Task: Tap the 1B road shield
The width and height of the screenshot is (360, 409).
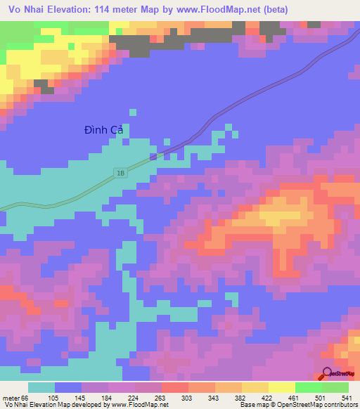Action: click(122, 172)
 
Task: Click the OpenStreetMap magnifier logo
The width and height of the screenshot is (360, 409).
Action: click(328, 374)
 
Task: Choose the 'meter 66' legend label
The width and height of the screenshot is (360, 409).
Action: click(16, 397)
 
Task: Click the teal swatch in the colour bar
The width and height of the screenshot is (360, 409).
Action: click(41, 387)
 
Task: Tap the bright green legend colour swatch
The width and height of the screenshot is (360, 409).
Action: click(308, 387)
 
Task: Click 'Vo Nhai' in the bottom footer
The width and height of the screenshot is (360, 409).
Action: click(15, 405)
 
